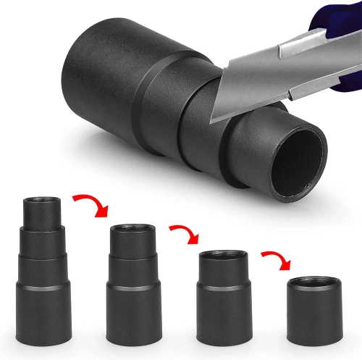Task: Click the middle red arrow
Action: [x=185, y=234]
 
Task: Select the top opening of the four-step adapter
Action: [x=42, y=201]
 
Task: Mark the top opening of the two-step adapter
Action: [x=222, y=255]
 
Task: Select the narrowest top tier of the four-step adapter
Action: [x=42, y=214]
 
